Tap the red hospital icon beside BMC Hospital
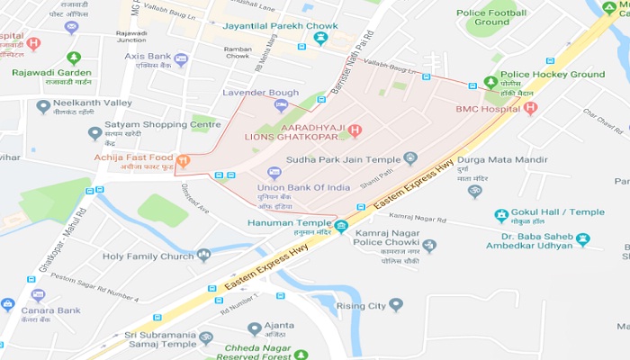[x=530, y=108]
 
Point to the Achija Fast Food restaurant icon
[x=183, y=162]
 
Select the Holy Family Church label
[x=148, y=256]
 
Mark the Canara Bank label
[x=52, y=310]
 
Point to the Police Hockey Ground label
[x=552, y=75]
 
